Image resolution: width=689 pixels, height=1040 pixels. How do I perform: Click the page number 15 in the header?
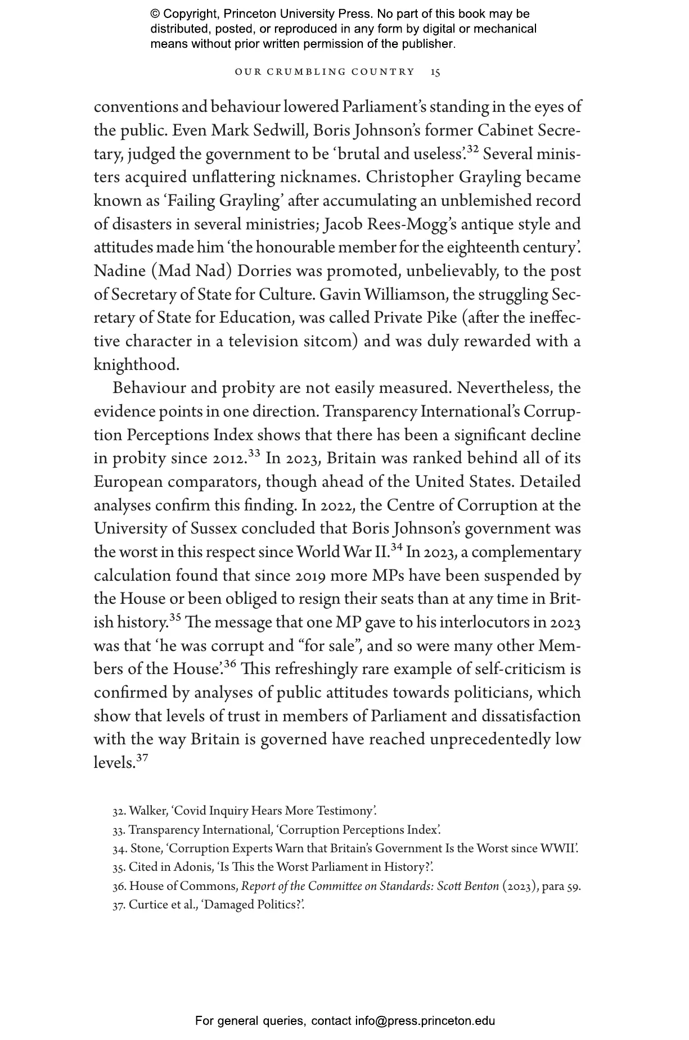click(435, 72)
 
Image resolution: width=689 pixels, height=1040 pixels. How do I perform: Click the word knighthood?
click(136, 365)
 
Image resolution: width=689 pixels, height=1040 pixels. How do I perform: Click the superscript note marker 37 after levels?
click(142, 758)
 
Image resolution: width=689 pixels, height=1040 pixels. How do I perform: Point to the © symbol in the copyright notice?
click(155, 15)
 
